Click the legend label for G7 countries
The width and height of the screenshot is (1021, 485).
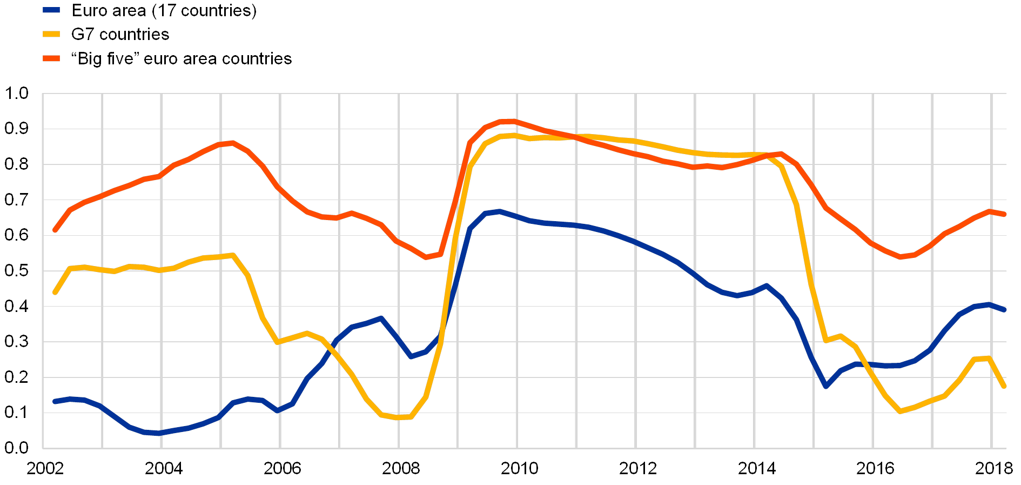point(120,35)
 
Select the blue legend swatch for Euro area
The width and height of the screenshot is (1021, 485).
point(52,10)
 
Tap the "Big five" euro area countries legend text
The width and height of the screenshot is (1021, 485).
point(182,58)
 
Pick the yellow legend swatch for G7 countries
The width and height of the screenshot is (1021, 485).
point(52,34)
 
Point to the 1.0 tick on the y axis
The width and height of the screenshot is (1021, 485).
point(17,94)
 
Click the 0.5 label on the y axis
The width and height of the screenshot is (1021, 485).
point(17,271)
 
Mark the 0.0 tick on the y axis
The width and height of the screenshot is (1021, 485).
point(17,448)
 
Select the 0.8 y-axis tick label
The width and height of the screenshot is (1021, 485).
point(17,164)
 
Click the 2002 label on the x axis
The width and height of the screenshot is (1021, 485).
point(45,468)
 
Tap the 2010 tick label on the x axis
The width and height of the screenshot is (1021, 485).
point(519,468)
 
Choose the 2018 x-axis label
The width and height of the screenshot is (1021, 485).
point(995,468)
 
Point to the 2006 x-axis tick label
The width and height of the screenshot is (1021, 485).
point(282,468)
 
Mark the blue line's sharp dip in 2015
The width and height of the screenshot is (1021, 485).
point(826,387)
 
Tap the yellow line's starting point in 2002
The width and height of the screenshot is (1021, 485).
point(55,293)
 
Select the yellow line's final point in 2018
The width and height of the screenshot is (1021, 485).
point(1004,387)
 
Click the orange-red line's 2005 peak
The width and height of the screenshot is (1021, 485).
point(232,143)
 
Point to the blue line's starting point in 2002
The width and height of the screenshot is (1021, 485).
point(55,401)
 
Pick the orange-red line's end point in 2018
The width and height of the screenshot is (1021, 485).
point(1004,214)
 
